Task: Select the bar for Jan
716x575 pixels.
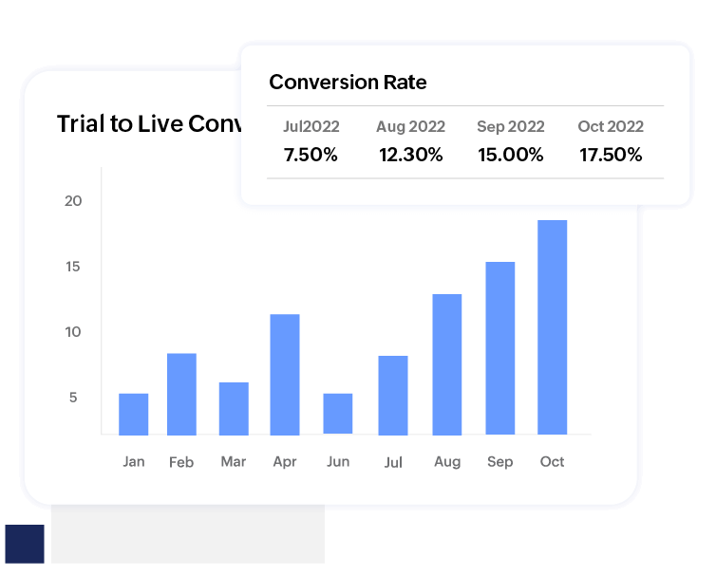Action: (133, 414)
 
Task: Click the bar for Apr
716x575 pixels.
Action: (285, 374)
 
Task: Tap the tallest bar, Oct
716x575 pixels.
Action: (552, 327)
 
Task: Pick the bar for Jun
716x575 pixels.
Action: (337, 414)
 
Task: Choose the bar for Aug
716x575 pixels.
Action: (447, 364)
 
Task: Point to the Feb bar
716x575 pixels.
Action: (181, 394)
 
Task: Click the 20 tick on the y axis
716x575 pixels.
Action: (74, 201)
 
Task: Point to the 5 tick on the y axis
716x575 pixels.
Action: (73, 398)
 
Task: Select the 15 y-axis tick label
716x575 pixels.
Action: (74, 267)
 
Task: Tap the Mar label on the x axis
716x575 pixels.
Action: (233, 462)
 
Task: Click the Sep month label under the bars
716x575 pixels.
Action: (499, 462)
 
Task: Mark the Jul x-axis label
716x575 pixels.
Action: (392, 462)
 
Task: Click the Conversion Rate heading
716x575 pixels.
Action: (348, 83)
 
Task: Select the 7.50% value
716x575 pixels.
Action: (311, 155)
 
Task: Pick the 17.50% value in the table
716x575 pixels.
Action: (611, 155)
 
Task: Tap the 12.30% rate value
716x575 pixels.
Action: (410, 155)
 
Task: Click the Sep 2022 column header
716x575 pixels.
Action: (511, 126)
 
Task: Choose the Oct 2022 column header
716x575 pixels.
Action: (611, 126)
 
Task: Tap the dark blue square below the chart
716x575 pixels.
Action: (25, 545)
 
